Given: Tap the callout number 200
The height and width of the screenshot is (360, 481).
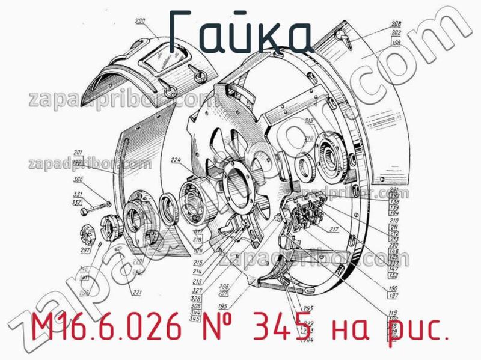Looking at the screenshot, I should point(140,23).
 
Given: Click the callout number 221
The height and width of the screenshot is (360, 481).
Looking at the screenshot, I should point(137,293).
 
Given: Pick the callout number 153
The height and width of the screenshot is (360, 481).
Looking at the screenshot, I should point(393,275).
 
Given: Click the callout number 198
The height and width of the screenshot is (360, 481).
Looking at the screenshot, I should point(396,43).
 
